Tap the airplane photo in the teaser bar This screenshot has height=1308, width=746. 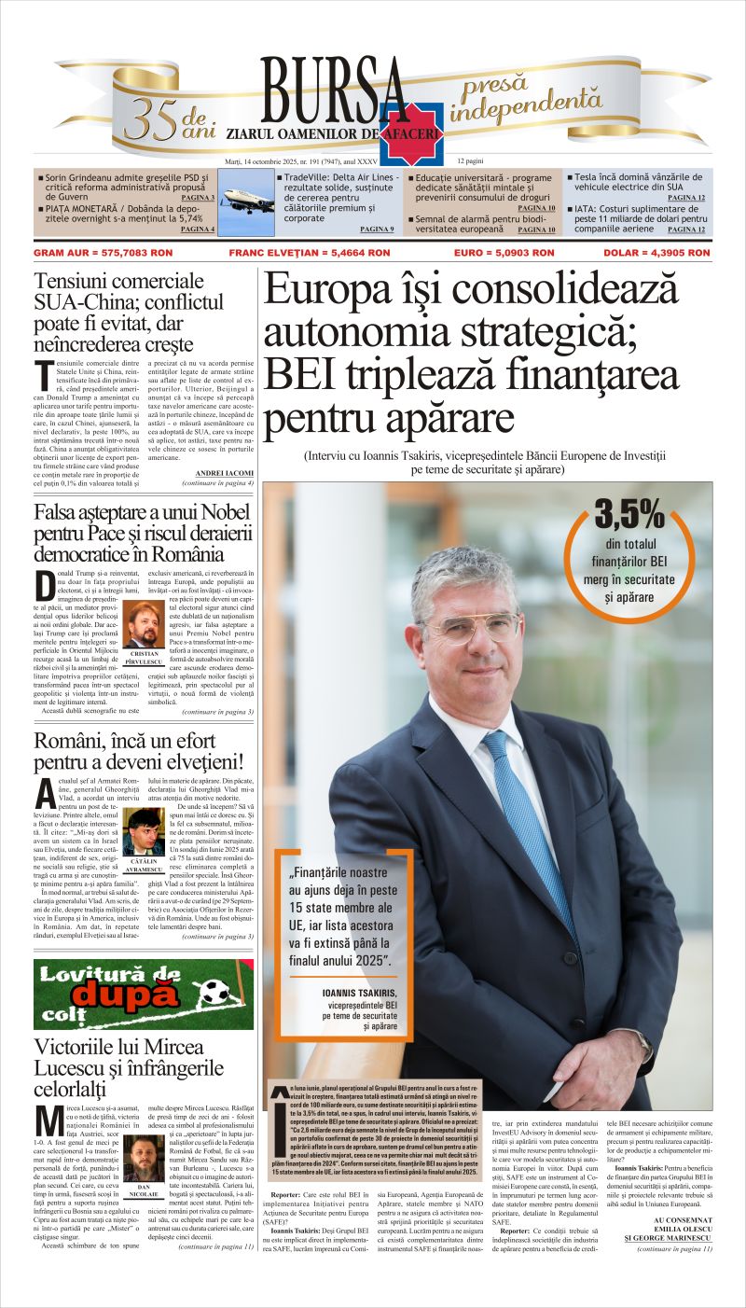coord(249,199)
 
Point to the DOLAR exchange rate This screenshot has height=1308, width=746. coord(656,253)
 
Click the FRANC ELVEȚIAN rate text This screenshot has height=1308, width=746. coord(310,253)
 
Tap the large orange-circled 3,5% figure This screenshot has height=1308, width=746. coord(629,515)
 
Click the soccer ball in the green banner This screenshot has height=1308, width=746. coord(214,991)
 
